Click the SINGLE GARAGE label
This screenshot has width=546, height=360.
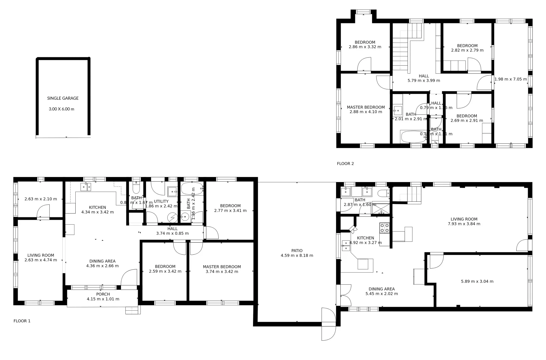(x=63, y=98)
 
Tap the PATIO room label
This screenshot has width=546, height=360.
(x=297, y=251)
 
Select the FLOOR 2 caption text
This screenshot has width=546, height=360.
(x=345, y=164)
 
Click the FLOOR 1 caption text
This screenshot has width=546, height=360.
(x=22, y=321)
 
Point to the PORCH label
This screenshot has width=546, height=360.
(x=103, y=294)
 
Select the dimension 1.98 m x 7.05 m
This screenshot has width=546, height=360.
(x=510, y=79)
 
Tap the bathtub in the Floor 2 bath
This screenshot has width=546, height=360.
(x=413, y=137)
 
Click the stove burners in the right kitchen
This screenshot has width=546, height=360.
(x=384, y=228)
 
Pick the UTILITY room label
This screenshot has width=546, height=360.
(x=161, y=201)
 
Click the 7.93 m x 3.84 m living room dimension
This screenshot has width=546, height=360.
(x=464, y=224)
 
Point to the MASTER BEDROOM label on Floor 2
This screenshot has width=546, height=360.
(x=366, y=107)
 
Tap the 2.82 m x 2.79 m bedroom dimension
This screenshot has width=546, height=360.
(x=467, y=50)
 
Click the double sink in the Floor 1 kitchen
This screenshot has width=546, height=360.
(x=86, y=187)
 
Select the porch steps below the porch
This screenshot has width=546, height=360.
(x=133, y=310)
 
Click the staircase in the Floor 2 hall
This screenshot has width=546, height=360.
(x=400, y=53)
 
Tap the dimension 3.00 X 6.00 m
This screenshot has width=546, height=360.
(x=61, y=109)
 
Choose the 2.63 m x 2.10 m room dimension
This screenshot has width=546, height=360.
(x=41, y=199)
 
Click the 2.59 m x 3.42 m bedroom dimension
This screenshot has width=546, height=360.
(x=165, y=271)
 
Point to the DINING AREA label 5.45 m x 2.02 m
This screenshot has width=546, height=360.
(x=381, y=291)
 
